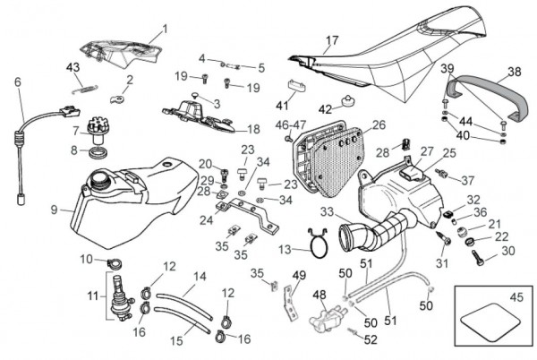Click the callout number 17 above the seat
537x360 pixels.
[332, 40]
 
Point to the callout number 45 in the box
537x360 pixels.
[517, 297]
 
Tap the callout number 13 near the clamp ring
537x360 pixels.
[284, 250]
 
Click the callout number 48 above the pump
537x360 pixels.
[320, 294]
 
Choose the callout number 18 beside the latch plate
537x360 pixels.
[253, 129]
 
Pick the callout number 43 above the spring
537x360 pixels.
[73, 67]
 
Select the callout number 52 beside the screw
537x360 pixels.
[371, 339]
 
